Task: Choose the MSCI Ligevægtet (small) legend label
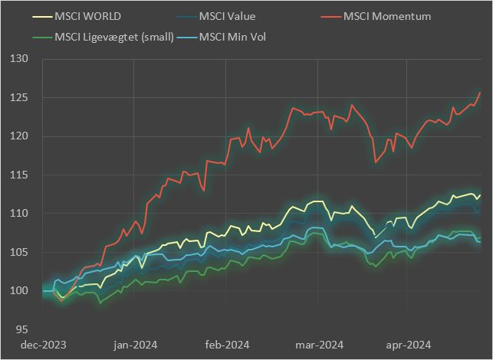click(x=113, y=36)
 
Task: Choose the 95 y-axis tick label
click(x=21, y=329)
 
